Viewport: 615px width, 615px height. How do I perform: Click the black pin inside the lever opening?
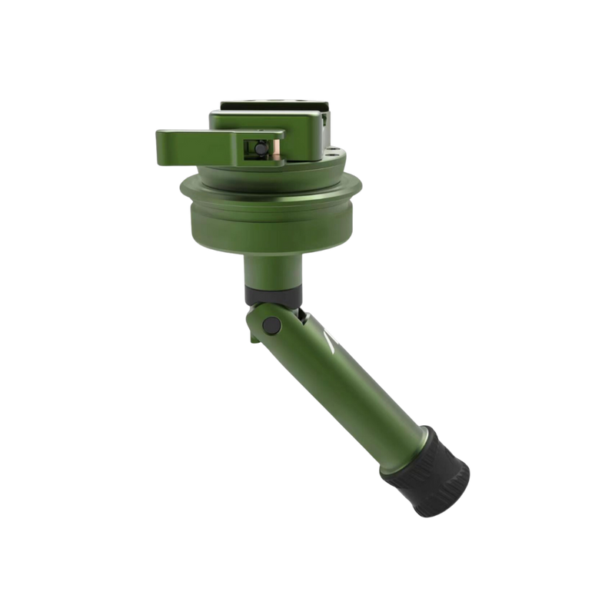tap(259, 148)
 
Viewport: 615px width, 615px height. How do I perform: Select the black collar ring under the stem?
tap(271, 293)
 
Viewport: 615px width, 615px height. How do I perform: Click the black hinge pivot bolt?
tap(270, 326)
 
